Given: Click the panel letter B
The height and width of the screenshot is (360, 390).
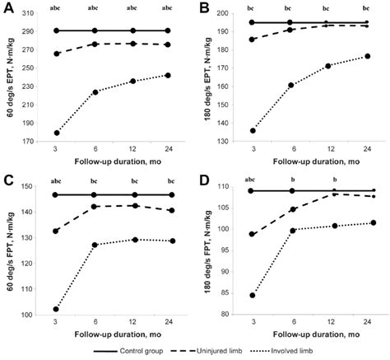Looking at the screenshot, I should point(207,9).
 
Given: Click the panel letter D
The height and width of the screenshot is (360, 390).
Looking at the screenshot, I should point(207,179).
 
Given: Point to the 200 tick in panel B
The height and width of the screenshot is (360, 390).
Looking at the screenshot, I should point(236,14).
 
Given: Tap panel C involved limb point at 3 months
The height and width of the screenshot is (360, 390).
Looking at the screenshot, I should point(56,309).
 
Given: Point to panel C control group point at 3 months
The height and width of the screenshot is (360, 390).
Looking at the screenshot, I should point(56,194).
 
